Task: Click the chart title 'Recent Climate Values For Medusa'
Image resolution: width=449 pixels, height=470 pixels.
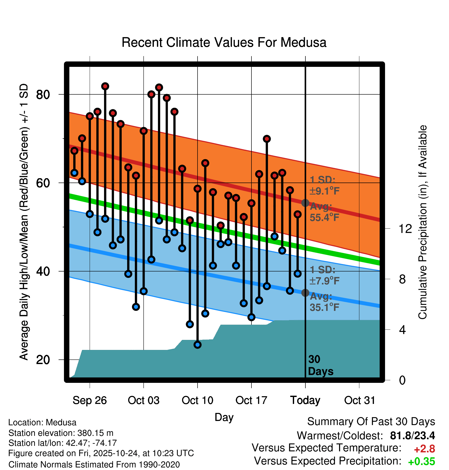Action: (x=224, y=42)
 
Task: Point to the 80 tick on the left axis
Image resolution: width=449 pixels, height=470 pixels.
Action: (x=43, y=95)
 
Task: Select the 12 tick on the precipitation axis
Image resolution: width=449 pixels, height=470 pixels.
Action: (x=405, y=229)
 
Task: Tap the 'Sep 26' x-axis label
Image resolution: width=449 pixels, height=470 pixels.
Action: (x=90, y=400)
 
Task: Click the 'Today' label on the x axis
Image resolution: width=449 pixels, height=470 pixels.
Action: (x=305, y=400)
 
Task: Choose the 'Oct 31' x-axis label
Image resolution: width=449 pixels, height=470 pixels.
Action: (x=360, y=400)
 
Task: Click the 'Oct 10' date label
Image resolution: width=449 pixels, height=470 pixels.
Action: (x=198, y=400)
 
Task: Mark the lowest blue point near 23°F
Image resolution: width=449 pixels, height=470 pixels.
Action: (x=198, y=345)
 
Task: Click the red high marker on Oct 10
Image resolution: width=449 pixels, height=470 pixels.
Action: (x=198, y=189)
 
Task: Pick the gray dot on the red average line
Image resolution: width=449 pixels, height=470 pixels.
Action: (x=305, y=203)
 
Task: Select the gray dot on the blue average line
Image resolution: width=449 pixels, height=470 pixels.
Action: (x=305, y=293)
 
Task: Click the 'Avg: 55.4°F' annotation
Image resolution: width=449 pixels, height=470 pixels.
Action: (x=324, y=212)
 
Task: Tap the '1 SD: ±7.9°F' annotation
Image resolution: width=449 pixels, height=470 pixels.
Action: (x=324, y=275)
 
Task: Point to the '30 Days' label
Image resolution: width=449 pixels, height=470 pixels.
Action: (x=320, y=365)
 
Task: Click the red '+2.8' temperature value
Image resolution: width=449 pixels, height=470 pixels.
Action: (x=424, y=449)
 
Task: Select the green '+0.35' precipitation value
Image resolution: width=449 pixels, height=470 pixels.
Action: (x=422, y=462)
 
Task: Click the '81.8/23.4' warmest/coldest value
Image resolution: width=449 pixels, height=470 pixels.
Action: (x=412, y=436)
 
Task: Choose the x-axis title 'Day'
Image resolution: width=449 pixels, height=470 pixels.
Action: (x=224, y=417)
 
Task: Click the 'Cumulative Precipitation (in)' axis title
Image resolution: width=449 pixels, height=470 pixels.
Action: (x=423, y=222)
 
